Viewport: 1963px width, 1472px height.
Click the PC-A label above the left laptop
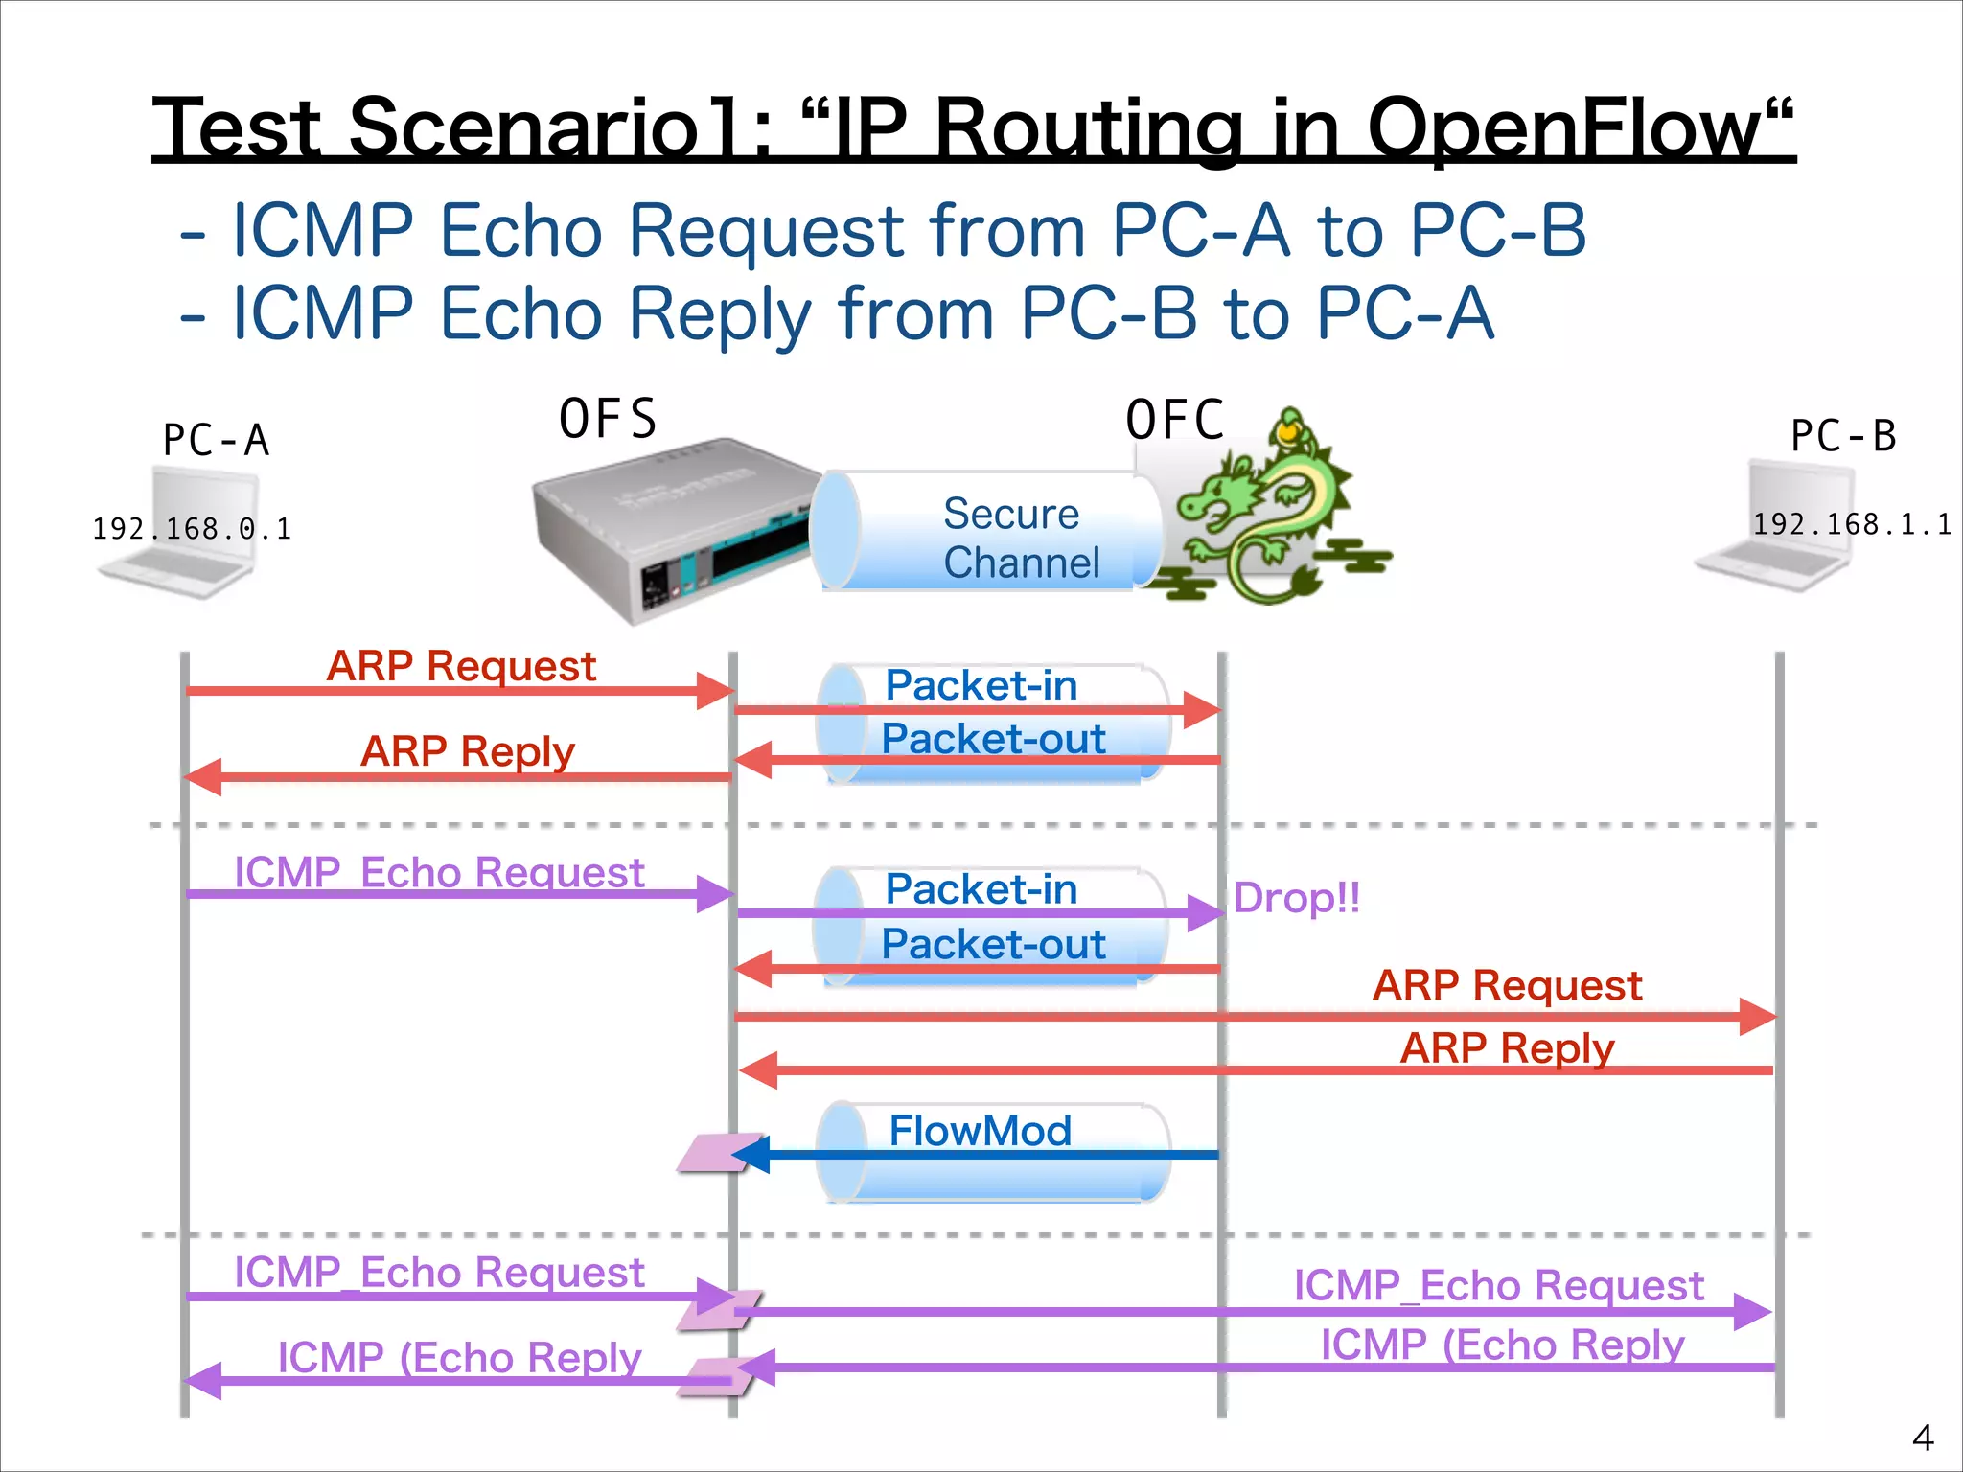pyautogui.click(x=216, y=440)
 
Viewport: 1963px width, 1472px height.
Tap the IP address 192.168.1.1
pyautogui.click(x=1851, y=524)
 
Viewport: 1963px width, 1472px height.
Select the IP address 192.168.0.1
pyautogui.click(x=192, y=528)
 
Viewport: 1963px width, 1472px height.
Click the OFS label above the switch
pyautogui.click(x=608, y=419)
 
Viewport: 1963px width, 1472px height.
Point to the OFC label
pyautogui.click(x=1175, y=420)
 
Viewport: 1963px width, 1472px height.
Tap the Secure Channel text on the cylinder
pyautogui.click(x=1019, y=538)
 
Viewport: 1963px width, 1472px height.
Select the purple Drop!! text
pyautogui.click(x=1296, y=898)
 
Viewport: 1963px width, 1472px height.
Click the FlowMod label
pyautogui.click(x=980, y=1131)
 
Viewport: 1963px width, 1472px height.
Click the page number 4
pyautogui.click(x=1922, y=1437)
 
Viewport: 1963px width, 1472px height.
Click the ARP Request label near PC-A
pyautogui.click(x=461, y=665)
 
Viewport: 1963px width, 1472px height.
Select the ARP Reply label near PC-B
pyautogui.click(x=1507, y=1047)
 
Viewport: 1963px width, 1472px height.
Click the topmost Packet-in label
pyautogui.click(x=981, y=685)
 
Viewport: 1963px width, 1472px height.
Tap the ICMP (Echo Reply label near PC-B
pyautogui.click(x=1502, y=1345)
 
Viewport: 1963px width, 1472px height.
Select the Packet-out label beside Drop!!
pyautogui.click(x=993, y=944)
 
